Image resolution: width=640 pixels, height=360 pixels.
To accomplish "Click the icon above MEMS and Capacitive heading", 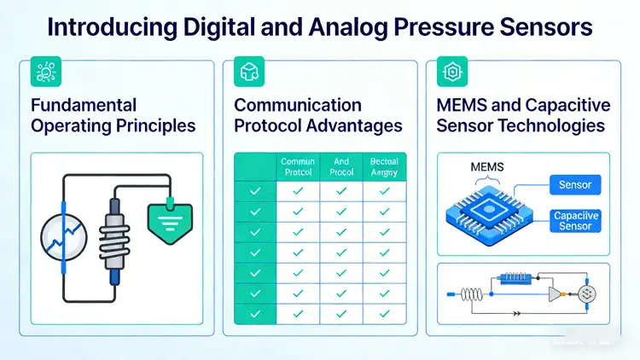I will [448, 73].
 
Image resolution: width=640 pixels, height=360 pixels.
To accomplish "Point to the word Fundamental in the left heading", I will [83, 106].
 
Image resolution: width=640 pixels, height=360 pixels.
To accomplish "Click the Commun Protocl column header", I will [298, 166].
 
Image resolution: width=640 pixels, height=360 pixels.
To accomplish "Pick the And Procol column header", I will [341, 166].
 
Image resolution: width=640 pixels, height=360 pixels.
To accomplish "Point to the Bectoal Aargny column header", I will [385, 166].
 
